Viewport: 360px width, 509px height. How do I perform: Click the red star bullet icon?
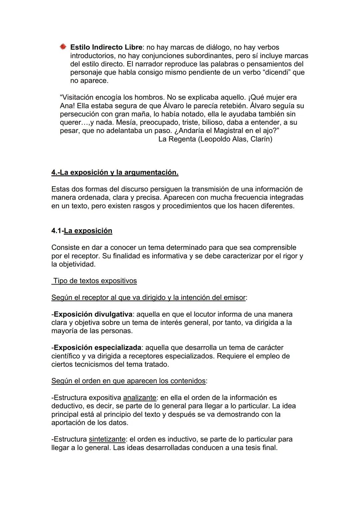click(63, 47)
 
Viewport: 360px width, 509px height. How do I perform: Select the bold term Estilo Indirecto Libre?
click(106, 47)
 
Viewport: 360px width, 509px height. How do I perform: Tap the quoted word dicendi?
click(276, 72)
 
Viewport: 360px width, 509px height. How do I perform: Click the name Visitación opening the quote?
click(77, 98)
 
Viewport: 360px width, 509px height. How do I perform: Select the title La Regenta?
click(177, 139)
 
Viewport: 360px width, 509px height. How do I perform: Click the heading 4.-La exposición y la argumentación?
click(115, 173)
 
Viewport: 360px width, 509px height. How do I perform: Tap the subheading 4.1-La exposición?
click(82, 231)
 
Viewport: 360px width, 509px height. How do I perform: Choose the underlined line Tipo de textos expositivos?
click(95, 281)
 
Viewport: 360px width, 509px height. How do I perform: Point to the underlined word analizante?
click(140, 397)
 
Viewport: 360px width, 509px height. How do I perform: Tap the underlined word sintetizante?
click(107, 439)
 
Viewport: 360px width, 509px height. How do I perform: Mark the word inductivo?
click(169, 439)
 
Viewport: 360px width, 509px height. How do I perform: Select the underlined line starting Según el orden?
click(128, 381)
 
